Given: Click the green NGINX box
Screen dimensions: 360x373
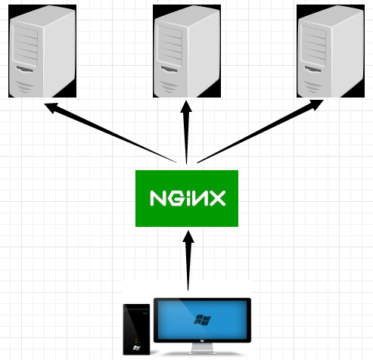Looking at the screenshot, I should pos(187,198).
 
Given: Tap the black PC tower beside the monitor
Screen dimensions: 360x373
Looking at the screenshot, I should pos(137,329).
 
